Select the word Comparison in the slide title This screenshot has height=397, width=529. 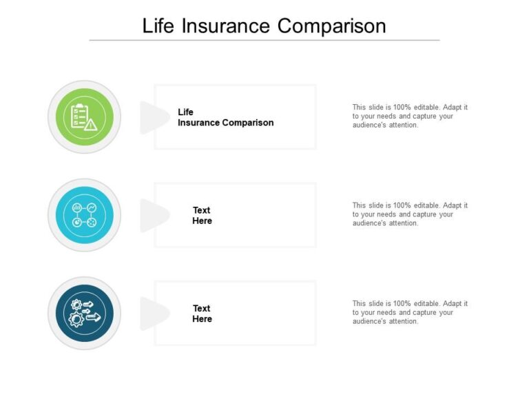(x=332, y=26)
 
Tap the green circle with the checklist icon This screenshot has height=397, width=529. (x=84, y=117)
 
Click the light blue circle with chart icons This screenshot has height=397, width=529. (x=84, y=215)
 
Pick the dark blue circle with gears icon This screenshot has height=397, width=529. (x=84, y=314)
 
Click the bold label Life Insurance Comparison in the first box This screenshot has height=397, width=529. (x=225, y=117)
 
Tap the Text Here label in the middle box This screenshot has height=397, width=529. (x=202, y=216)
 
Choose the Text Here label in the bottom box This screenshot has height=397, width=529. (x=202, y=314)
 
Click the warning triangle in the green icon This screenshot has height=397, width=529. (x=91, y=124)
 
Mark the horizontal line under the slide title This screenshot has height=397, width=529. (x=264, y=40)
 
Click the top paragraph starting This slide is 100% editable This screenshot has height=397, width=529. (x=410, y=116)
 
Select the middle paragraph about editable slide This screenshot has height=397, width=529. (x=410, y=214)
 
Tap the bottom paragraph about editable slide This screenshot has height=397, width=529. (x=410, y=312)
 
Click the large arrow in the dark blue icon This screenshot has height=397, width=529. (x=92, y=317)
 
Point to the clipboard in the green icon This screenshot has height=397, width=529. (x=79, y=115)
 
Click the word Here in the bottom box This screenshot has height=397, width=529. (x=202, y=319)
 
